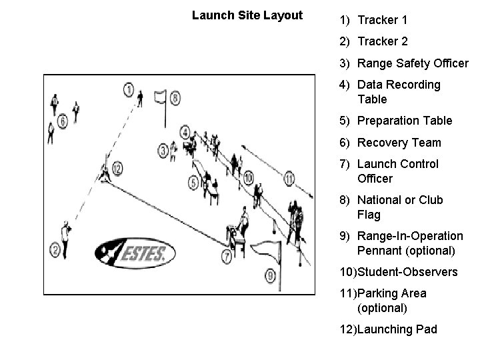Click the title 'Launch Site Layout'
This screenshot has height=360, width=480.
pos(247,15)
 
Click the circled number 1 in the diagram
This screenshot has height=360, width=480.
pos(129,89)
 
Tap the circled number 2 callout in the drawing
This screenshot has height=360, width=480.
pos(55,250)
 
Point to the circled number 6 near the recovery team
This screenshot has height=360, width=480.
pos(63,121)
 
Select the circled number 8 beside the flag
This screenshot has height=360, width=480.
pos(175,99)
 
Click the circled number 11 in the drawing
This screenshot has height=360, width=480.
pos(289,179)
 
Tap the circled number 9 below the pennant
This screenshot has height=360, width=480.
pos(269,274)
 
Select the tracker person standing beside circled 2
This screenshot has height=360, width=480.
pos(65,232)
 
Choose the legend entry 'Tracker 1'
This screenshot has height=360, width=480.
pos(382,20)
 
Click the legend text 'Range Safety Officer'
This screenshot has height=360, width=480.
pos(413,63)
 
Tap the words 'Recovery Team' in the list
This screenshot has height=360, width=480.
pos(399,142)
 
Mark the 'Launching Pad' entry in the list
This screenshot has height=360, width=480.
pos(397,329)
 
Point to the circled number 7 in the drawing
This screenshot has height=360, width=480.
pos(227,255)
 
